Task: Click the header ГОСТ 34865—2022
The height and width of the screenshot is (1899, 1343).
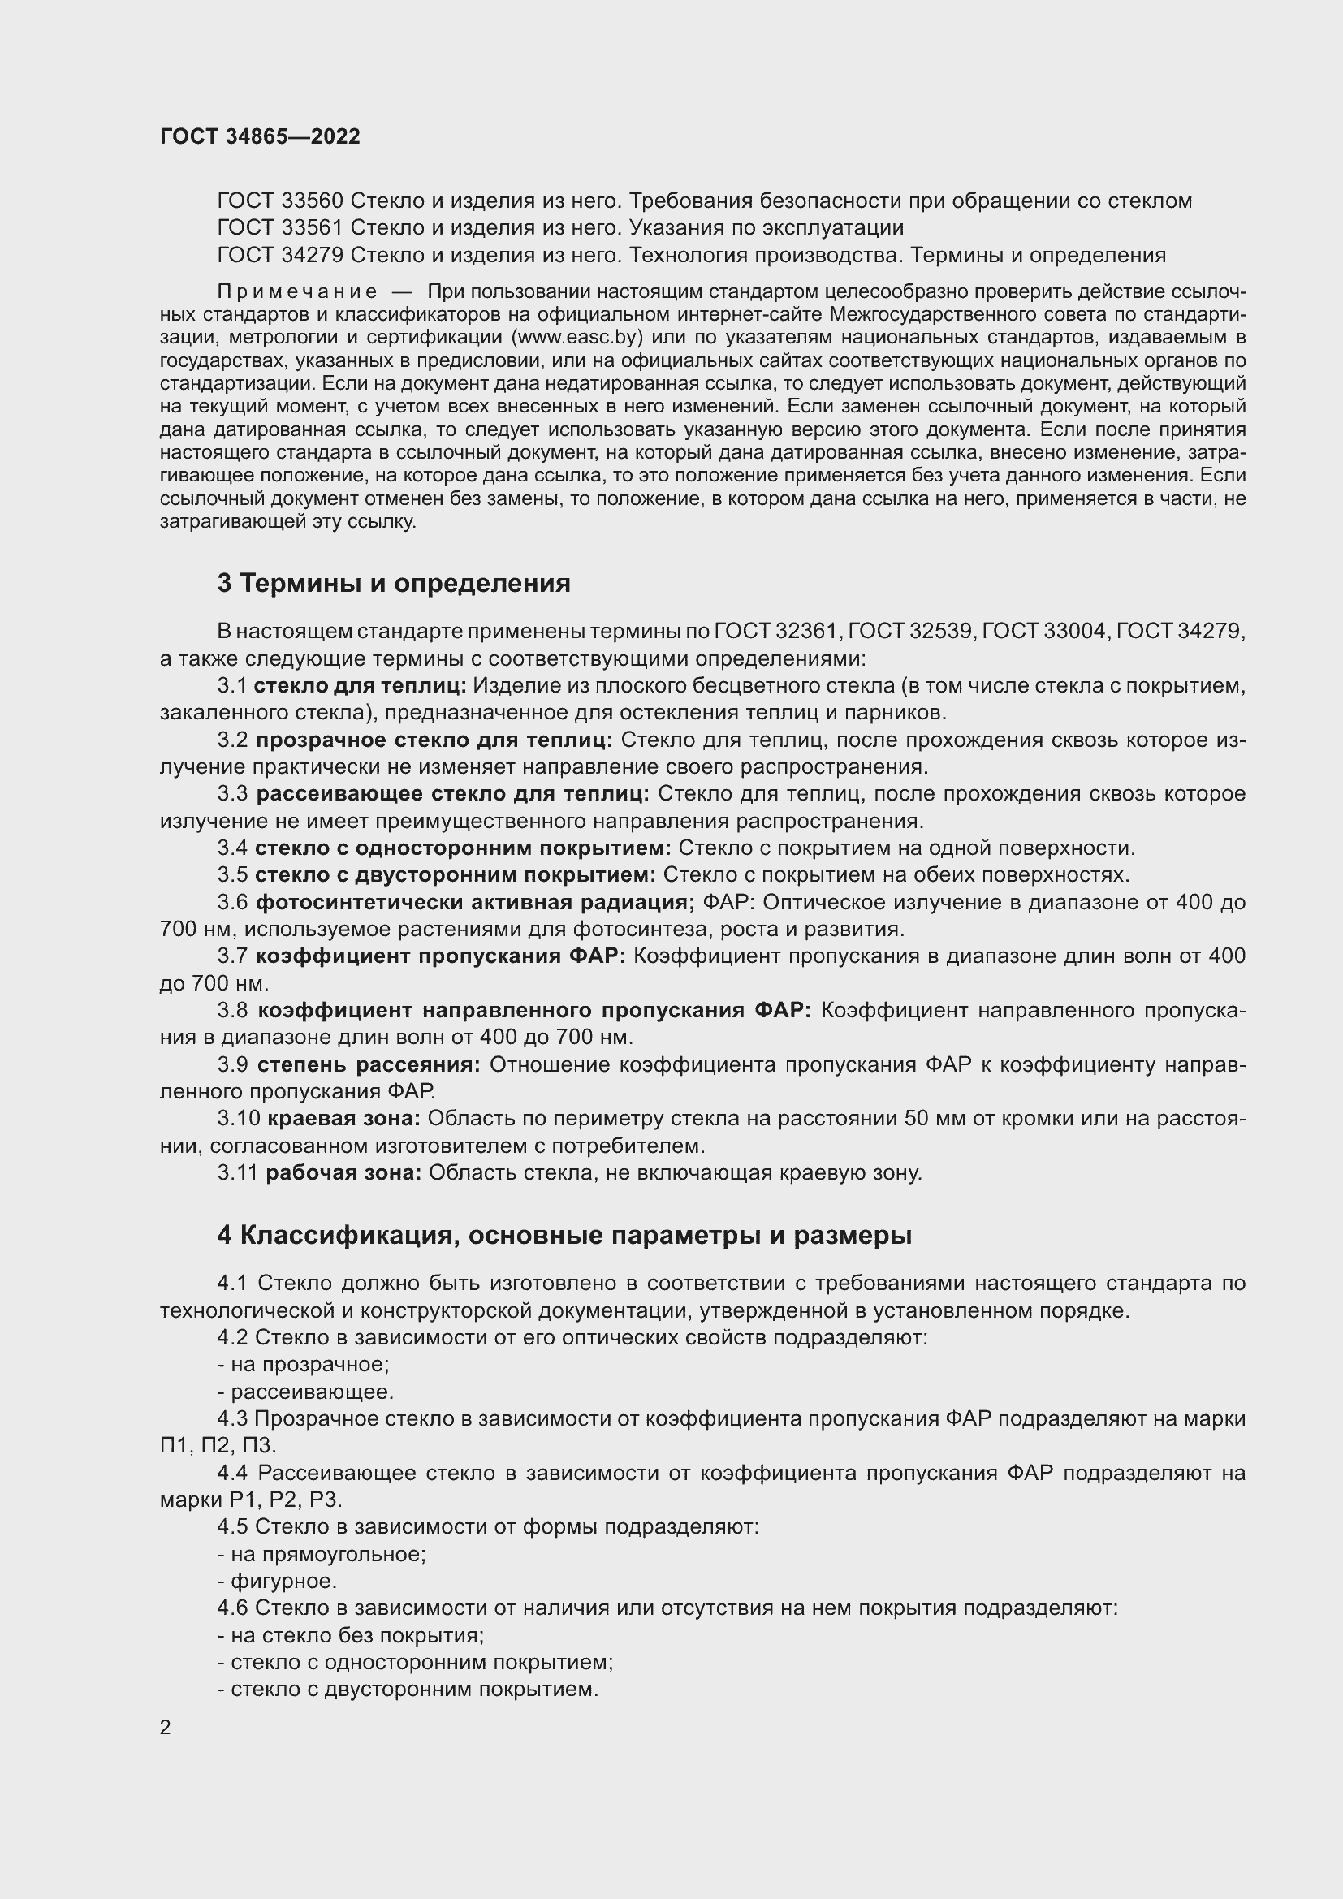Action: pyautogui.click(x=260, y=136)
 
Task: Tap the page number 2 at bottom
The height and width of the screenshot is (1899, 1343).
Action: pyautogui.click(x=166, y=1727)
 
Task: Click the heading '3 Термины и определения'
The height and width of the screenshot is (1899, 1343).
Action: pyautogui.click(x=394, y=583)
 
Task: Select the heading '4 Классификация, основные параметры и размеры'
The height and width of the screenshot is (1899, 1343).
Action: pyautogui.click(x=564, y=1235)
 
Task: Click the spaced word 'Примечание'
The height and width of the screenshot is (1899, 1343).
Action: pyautogui.click(x=297, y=291)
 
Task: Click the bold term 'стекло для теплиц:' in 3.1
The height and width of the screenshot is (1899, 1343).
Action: pyautogui.click(x=360, y=686)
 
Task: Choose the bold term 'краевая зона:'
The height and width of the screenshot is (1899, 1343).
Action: pyautogui.click(x=343, y=1118)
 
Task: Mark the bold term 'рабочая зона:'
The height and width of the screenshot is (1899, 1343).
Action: pyautogui.click(x=343, y=1173)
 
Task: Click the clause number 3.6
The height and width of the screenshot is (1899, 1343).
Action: pyautogui.click(x=232, y=902)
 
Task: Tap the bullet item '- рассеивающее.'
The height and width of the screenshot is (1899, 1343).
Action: pyautogui.click(x=306, y=1392)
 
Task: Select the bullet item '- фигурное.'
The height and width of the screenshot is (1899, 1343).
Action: pyautogui.click(x=277, y=1582)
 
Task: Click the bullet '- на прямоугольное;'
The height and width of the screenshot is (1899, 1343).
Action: pyautogui.click(x=322, y=1554)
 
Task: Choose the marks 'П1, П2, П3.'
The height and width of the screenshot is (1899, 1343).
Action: pyautogui.click(x=218, y=1446)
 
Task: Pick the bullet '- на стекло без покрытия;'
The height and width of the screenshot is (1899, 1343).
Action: pyautogui.click(x=351, y=1635)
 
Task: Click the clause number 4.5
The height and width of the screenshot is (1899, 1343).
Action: pyautogui.click(x=232, y=1527)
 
